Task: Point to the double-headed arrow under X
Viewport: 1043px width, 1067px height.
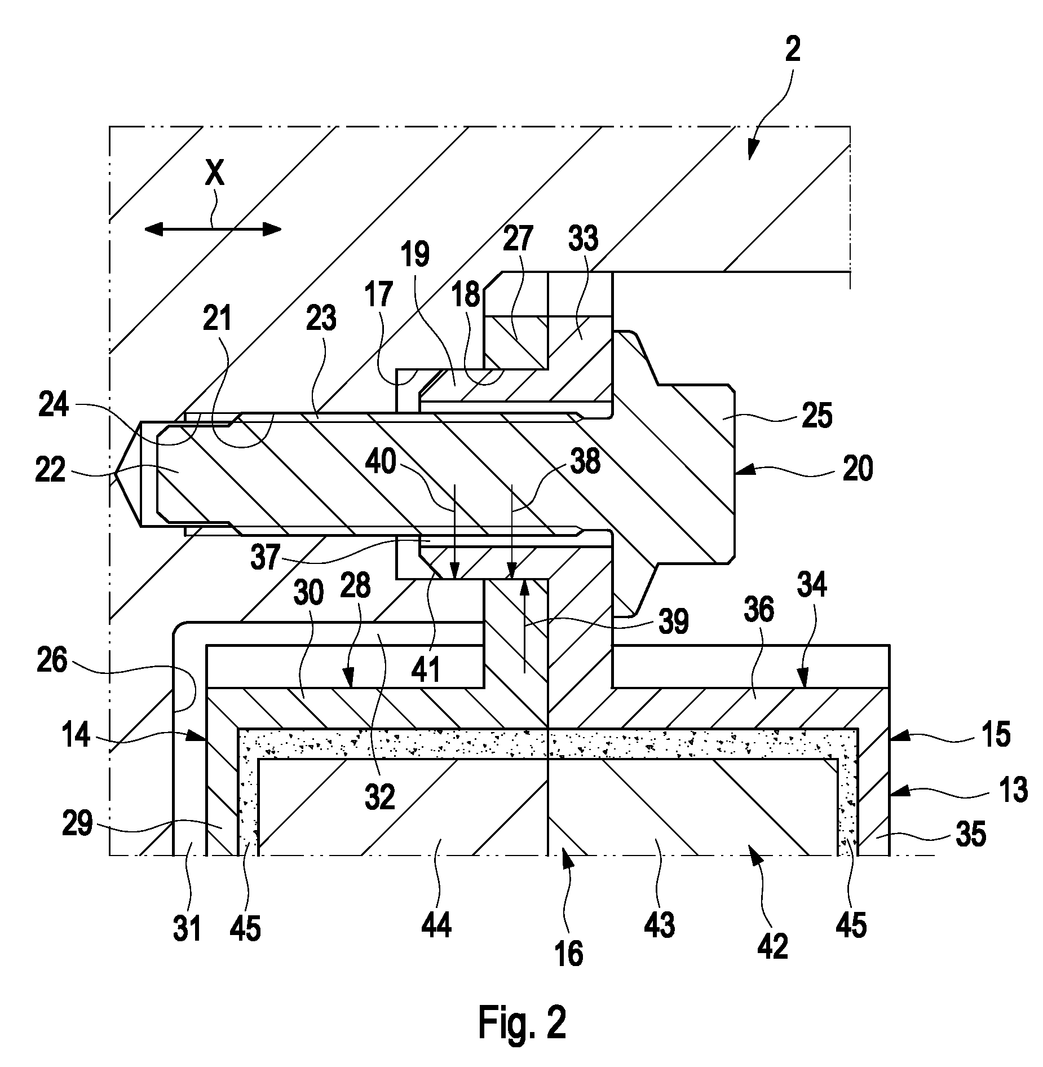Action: pyautogui.click(x=213, y=228)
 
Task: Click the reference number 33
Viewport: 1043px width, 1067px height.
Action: pyautogui.click(x=584, y=239)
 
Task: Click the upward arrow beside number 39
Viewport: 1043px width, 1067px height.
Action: pyautogui.click(x=524, y=627)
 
